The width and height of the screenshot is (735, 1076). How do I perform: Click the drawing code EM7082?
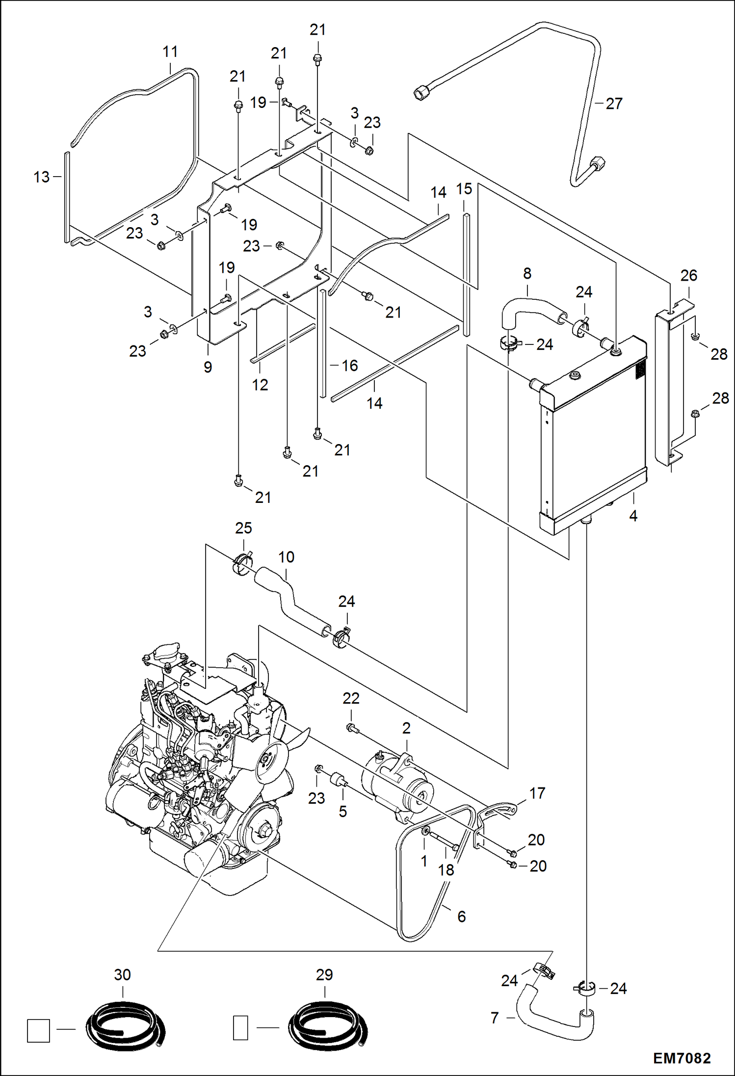tap(682, 1058)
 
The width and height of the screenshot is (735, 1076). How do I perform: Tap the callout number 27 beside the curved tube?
tap(613, 104)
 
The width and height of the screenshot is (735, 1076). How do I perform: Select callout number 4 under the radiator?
tap(633, 516)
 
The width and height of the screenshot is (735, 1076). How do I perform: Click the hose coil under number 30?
tap(126, 1025)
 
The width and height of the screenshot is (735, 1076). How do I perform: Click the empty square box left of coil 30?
tap(38, 1031)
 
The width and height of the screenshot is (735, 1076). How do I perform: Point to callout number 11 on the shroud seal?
tap(170, 52)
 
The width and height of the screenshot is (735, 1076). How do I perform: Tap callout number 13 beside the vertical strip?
tap(42, 177)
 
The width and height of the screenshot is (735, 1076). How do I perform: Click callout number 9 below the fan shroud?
tap(208, 367)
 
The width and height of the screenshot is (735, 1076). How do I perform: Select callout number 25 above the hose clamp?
tap(243, 528)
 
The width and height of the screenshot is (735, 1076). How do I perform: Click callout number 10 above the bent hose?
tap(286, 557)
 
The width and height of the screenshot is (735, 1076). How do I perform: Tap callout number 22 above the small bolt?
tap(351, 698)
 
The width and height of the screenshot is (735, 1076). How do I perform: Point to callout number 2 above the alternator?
tap(406, 728)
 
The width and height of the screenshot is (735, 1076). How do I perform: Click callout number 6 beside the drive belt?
tap(461, 917)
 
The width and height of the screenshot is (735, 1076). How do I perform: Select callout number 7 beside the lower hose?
tap(495, 1018)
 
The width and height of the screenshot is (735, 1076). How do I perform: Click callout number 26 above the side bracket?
tap(688, 275)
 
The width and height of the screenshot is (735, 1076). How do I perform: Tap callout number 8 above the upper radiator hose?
tap(527, 273)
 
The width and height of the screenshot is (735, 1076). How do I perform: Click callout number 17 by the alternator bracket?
tap(537, 793)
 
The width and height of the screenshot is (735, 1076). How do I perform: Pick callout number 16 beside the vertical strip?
tap(350, 366)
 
